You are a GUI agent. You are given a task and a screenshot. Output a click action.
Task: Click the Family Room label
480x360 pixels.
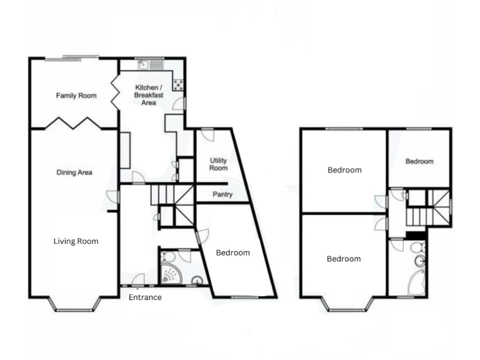(x=76, y=96)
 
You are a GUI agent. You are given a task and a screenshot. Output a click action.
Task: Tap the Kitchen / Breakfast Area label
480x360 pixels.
(x=149, y=94)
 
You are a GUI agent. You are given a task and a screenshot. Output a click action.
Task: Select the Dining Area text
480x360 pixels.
(x=74, y=172)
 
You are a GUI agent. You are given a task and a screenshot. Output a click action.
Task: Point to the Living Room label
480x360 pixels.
(x=76, y=241)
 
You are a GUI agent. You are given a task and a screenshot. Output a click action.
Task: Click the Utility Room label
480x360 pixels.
(x=218, y=164)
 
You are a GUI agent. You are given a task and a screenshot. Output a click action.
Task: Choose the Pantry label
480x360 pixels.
(x=222, y=194)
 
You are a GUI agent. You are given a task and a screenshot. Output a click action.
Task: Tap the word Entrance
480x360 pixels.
(x=145, y=297)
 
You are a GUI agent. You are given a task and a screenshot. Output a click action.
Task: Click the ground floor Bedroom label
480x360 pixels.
(x=232, y=252)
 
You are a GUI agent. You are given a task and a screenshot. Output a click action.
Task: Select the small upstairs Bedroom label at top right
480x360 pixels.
(x=419, y=161)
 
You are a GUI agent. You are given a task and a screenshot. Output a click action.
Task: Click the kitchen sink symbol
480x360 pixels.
(x=143, y=64)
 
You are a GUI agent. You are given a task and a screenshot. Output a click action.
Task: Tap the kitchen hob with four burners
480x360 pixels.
(x=178, y=84)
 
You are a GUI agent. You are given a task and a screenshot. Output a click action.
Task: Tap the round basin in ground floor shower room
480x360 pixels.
(x=198, y=281)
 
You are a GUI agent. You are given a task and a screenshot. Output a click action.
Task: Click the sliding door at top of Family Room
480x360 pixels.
(x=71, y=58)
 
